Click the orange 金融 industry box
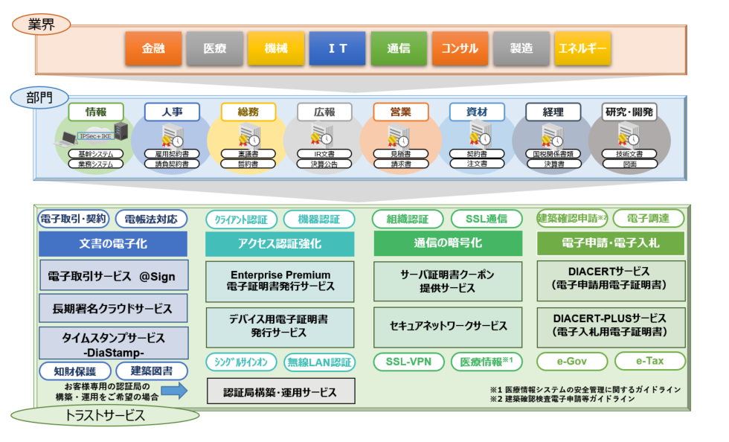153,48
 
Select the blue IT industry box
337,48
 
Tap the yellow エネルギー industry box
582,48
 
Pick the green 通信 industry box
399,48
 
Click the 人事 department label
172,112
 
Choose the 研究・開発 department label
629,112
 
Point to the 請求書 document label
400,164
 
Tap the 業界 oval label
42,24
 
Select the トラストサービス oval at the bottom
105,417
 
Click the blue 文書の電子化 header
112,243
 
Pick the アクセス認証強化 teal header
280,243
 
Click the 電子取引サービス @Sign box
112,276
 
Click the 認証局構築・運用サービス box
280,391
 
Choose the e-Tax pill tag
649,362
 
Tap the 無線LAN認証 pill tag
320,362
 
